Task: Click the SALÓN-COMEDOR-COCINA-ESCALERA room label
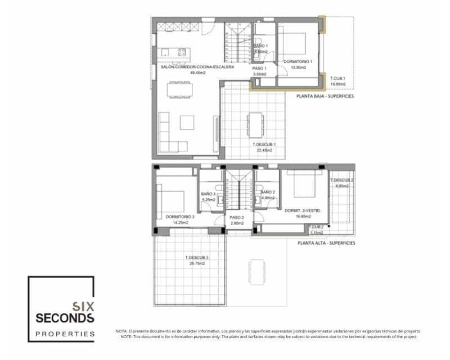(188, 67)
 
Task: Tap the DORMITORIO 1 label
(298, 61)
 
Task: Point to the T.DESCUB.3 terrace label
(197, 258)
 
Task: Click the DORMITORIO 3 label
(180, 217)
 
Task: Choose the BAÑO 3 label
(208, 194)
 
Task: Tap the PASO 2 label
(236, 217)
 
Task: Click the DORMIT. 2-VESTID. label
(303, 210)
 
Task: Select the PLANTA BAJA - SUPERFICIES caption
(325, 97)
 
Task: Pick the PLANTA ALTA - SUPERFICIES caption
(327, 244)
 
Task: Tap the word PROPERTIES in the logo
(65, 334)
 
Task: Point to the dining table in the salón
(179, 90)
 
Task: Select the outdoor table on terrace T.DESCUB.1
(256, 124)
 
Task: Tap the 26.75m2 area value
(197, 263)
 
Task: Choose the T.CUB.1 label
(337, 78)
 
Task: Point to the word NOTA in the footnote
(121, 331)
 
